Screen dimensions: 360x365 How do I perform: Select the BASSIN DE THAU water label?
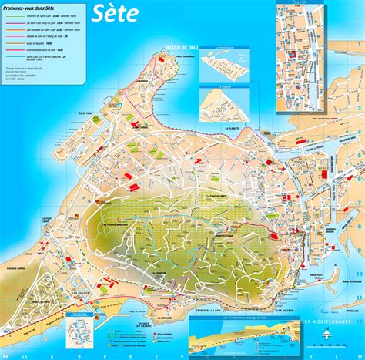[x=181, y=49]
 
